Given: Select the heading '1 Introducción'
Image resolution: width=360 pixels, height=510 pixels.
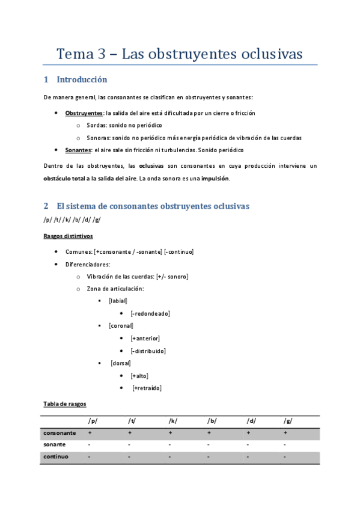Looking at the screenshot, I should pyautogui.click(x=76, y=79).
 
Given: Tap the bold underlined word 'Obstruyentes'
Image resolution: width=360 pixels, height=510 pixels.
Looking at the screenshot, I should pyautogui.click(x=84, y=112).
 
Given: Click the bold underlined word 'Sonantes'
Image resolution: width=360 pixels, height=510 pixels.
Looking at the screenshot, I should pyautogui.click(x=78, y=150).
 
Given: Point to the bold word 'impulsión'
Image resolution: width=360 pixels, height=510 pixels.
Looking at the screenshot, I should pyautogui.click(x=215, y=179).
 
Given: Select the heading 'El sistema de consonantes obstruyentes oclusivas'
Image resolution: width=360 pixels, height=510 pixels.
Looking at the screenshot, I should pyautogui.click(x=153, y=206).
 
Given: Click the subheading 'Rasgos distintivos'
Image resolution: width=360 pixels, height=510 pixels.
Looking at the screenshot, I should pyautogui.click(x=68, y=236).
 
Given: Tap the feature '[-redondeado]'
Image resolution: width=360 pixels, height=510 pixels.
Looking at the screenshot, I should pyautogui.click(x=150, y=313).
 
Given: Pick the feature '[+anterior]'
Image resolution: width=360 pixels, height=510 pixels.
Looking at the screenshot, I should pyautogui.click(x=145, y=339).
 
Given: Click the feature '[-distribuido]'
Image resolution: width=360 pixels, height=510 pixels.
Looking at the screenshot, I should pyautogui.click(x=148, y=351).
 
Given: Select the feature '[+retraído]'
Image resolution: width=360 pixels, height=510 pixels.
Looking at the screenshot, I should pyautogui.click(x=147, y=389).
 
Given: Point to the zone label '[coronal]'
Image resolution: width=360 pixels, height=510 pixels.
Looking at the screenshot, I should pyautogui.click(x=121, y=326).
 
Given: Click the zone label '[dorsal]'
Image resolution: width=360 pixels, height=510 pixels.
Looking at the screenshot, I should pyautogui.click(x=120, y=363).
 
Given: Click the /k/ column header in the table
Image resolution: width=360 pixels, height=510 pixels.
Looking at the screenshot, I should pyautogui.click(x=173, y=421).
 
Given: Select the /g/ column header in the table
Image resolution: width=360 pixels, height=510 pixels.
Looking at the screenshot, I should pyautogui.click(x=288, y=421).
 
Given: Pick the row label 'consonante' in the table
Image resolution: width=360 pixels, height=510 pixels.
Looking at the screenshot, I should pyautogui.click(x=59, y=433).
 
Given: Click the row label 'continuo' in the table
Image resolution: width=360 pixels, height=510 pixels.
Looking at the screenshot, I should pyautogui.click(x=56, y=457).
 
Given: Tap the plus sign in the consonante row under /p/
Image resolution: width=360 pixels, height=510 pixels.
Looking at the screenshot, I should pyautogui.click(x=90, y=433).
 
